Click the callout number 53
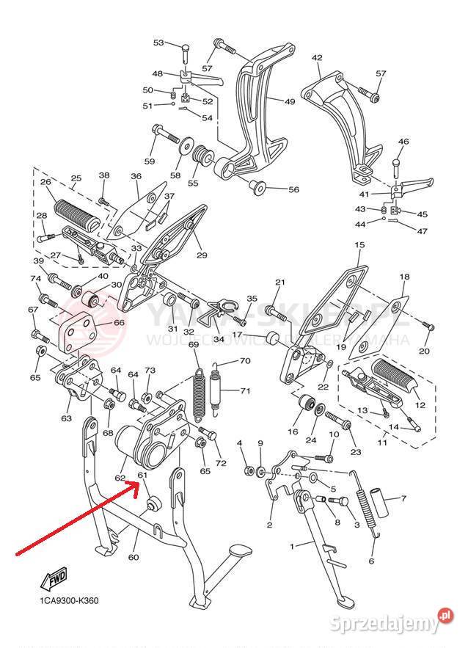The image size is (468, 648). point(158,43)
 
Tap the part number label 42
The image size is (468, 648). point(317,57)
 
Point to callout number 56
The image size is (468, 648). point(293,189)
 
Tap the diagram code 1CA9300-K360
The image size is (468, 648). point(69,601)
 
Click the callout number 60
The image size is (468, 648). point(133,557)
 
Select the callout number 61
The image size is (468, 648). point(143,475)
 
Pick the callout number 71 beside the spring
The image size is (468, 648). point(245,390)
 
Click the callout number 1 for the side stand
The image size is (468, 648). point(292,547)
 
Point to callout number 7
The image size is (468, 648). point(403,498)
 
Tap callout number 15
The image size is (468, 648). point(359,244)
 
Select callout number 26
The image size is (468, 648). point(45,182)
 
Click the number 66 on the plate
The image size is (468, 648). point(119,322)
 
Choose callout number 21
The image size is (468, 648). point(279,283)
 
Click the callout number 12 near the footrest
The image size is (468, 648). point(420,405)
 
